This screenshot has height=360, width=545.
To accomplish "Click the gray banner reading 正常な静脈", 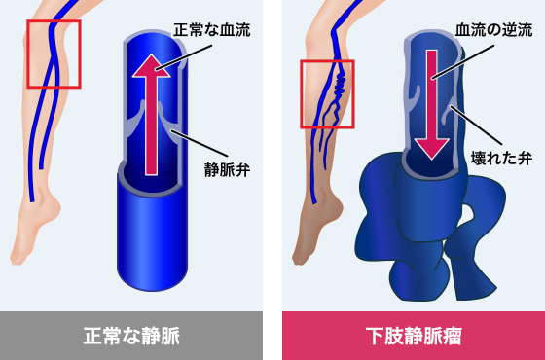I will click(130, 337).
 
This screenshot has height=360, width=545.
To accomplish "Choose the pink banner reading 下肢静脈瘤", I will click(414, 337).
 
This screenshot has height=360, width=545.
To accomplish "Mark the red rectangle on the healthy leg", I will click(54, 53).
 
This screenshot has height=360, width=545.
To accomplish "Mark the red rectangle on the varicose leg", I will click(327, 93).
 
